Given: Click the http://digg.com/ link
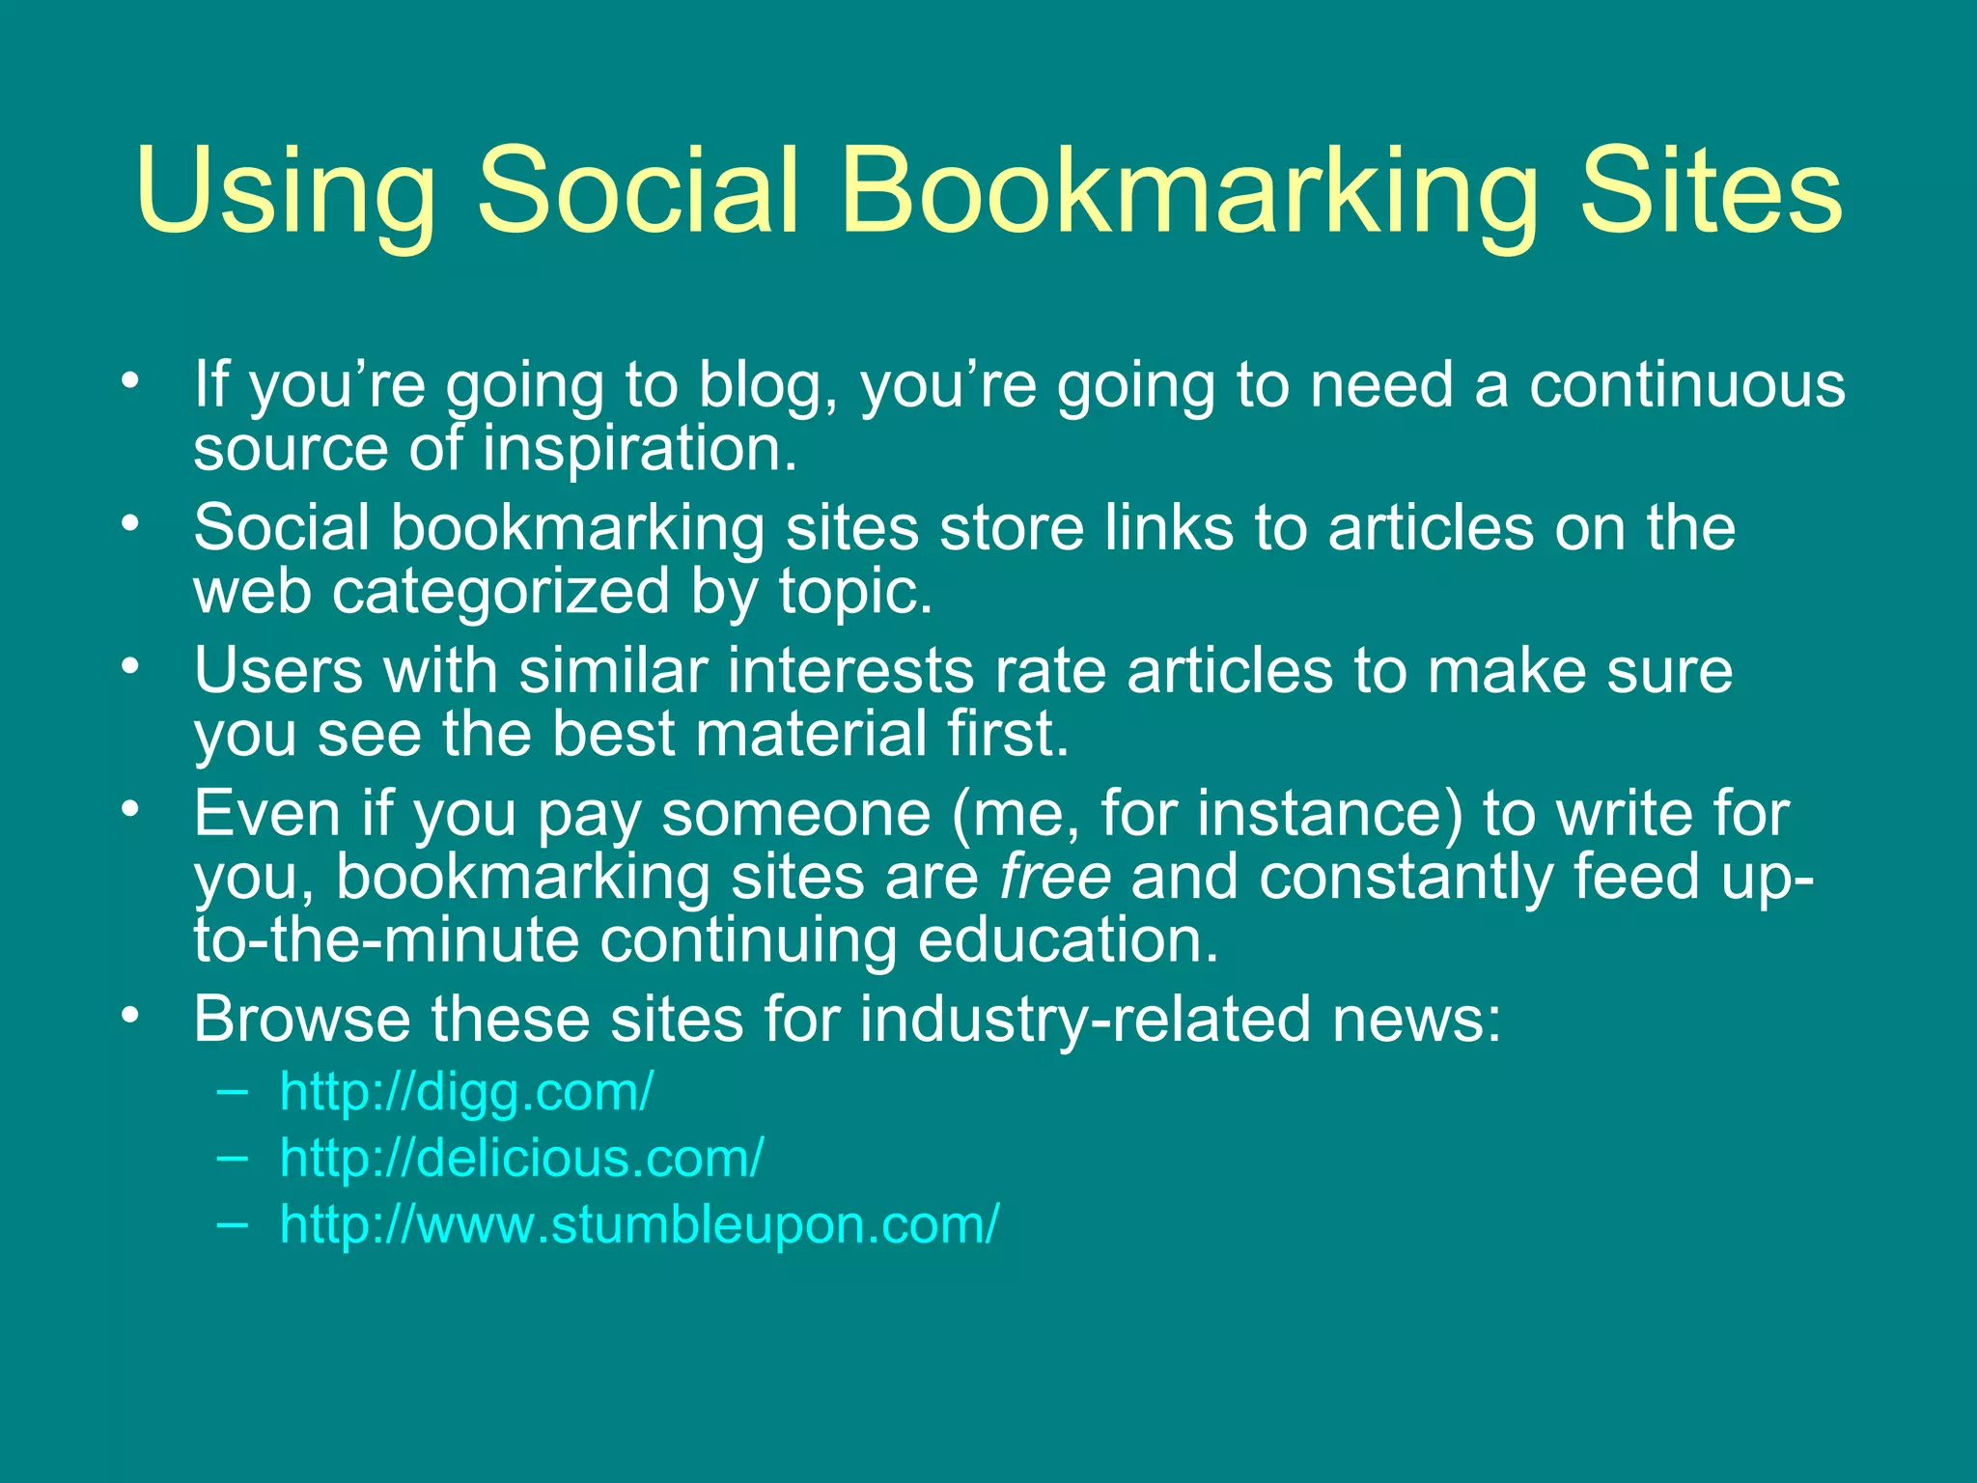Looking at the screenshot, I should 466,1092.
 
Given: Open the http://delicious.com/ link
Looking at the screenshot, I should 521,1158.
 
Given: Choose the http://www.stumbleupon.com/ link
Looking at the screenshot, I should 639,1224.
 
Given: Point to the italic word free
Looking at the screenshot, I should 1055,877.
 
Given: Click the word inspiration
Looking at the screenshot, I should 640,448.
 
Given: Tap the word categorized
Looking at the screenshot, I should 500,591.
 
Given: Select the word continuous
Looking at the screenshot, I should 1686,384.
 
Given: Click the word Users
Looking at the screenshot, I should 279,670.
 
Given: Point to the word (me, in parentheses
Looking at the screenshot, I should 1015,813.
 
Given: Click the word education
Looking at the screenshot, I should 1068,940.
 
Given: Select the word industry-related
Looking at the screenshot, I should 1085,1019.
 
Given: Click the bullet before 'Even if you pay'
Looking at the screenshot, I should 131,807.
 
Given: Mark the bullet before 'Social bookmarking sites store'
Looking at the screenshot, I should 131,522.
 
